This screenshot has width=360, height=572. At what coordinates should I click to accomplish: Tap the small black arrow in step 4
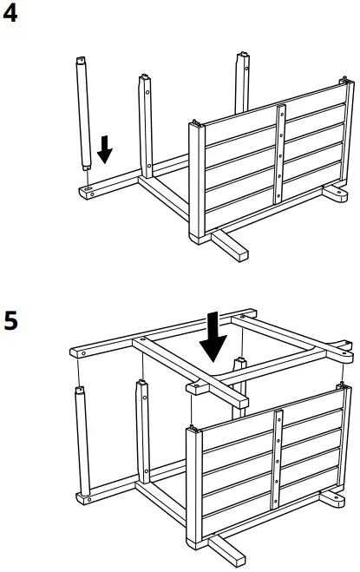point(105,150)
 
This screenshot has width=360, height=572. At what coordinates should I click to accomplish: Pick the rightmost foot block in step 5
point(334,500)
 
